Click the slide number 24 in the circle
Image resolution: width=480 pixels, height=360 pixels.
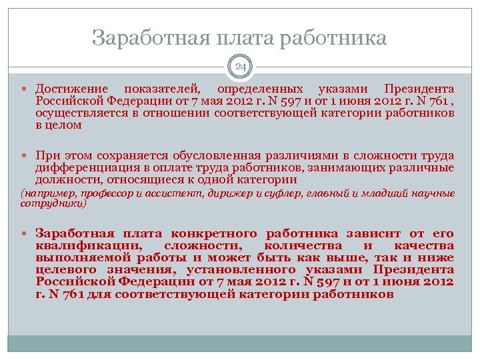click(240, 67)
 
